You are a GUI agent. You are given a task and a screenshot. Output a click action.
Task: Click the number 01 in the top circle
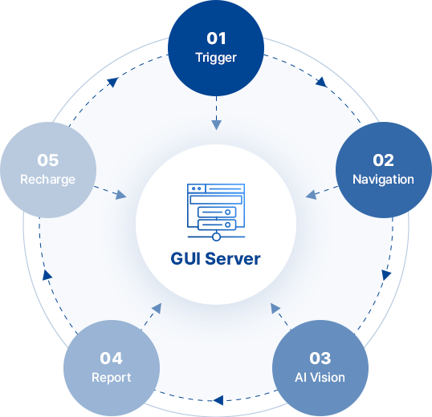coord(216,38)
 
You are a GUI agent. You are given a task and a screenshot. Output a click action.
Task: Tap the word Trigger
coord(216,58)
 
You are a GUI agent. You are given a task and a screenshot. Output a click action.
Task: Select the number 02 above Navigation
coord(383,160)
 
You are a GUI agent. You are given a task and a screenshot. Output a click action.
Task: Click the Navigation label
coord(383,180)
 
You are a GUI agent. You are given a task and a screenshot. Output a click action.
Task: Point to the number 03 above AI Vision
coord(320,358)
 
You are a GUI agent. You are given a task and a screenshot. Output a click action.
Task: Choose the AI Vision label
coord(320,378)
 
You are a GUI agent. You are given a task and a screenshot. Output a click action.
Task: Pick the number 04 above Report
coord(111,358)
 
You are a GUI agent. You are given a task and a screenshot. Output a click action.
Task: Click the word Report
coord(112,378)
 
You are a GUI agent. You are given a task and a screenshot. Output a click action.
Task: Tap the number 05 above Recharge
coord(48,160)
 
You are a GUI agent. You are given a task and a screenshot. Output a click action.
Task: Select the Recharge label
coord(47,180)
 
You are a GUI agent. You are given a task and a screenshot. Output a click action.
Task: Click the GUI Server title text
coord(215,259)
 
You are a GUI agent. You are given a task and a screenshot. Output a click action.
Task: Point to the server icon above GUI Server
coord(216,212)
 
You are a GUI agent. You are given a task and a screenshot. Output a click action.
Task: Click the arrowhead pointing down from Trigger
coord(216,125)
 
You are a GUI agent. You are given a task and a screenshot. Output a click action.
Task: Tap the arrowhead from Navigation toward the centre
coord(311,195)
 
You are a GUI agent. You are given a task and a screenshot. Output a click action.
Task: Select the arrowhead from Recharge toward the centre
coord(121,195)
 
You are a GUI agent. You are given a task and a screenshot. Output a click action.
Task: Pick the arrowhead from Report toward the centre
coord(157,308)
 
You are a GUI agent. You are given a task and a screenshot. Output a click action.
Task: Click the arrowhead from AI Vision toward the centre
coord(275,308)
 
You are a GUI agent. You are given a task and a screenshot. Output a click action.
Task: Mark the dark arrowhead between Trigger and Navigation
coord(322,82)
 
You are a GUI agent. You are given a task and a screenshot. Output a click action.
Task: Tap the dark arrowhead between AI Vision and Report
coord(218,400)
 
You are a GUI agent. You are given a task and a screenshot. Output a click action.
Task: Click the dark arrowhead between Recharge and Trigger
coord(112,82)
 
